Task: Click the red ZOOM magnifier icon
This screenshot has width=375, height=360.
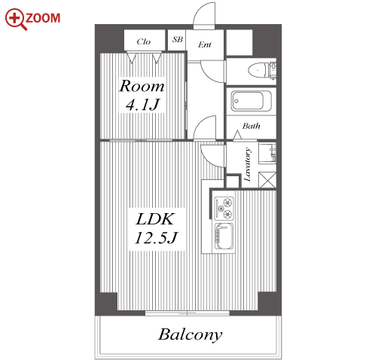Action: (15, 19)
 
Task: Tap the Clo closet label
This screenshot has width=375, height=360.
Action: (144, 41)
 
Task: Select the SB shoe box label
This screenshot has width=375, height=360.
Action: (177, 39)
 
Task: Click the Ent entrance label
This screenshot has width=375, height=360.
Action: (205, 44)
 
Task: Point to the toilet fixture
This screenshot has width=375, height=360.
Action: (262, 69)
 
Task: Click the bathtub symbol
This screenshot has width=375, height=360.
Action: (252, 101)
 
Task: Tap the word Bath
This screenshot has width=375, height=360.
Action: (251, 126)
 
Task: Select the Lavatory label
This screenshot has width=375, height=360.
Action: (248, 164)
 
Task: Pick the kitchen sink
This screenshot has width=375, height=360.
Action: (224, 236)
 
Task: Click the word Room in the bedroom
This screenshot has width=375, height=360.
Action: (142, 86)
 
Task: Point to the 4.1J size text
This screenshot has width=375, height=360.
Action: (142, 105)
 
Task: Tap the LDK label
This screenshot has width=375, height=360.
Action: (155, 219)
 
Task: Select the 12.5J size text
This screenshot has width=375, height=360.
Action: (156, 238)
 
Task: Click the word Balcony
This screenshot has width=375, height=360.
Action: (190, 335)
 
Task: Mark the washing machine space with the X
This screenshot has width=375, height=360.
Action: (267, 180)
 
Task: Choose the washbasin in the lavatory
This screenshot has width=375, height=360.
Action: (267, 153)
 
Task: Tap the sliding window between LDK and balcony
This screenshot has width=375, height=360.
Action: (187, 313)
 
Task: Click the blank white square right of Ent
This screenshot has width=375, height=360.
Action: (239, 42)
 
